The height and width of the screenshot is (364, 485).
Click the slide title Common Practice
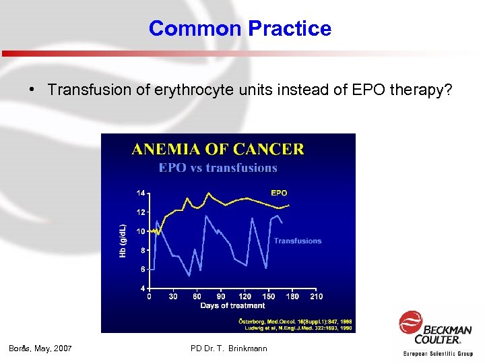click(240, 28)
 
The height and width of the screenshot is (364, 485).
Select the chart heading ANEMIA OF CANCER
click(218, 149)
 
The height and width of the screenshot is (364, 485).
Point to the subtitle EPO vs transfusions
click(218, 167)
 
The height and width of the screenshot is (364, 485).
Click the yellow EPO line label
click(279, 193)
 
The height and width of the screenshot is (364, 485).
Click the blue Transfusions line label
click(297, 241)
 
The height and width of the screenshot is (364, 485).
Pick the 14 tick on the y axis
click(141, 193)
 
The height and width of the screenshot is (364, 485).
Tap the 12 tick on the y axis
click(141, 212)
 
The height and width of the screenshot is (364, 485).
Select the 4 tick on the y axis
click(142, 288)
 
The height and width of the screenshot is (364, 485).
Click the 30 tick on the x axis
click(173, 297)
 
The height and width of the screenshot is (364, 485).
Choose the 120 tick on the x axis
click(245, 297)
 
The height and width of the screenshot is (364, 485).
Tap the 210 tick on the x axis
click(316, 297)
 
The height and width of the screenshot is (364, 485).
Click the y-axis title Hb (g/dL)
click(123, 240)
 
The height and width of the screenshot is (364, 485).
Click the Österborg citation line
click(295, 321)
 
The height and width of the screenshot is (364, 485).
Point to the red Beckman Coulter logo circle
click(410, 322)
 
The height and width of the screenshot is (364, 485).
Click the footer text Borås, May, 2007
click(40, 348)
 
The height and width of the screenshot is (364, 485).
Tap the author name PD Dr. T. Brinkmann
click(229, 348)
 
